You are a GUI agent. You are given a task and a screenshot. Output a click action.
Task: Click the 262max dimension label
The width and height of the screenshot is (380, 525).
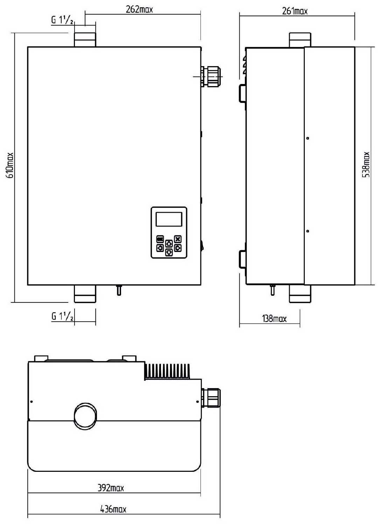click(x=139, y=9)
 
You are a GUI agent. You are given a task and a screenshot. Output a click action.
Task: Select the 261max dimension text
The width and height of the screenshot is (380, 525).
click(x=295, y=11)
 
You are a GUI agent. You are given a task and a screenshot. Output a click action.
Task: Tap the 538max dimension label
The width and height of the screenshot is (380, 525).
click(x=366, y=164)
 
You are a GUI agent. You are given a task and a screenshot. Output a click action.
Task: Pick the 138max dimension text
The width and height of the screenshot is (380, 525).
click(x=274, y=318)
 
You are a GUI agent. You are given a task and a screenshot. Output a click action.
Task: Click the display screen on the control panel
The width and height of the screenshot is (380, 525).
click(x=169, y=219)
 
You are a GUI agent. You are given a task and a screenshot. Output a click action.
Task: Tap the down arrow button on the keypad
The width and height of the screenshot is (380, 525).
click(x=169, y=252)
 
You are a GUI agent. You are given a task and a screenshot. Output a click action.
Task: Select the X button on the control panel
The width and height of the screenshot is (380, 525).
click(x=178, y=239)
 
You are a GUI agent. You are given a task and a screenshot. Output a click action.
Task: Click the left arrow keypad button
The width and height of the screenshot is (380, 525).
click(x=160, y=248)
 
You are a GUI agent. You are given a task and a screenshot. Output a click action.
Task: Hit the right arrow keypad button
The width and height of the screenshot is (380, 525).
click(x=178, y=248)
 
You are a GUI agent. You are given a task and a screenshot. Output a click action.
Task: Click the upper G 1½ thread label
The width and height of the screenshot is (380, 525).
click(x=62, y=21)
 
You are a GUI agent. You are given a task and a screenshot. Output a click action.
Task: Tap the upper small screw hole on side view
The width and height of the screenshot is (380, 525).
click(x=308, y=138)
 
